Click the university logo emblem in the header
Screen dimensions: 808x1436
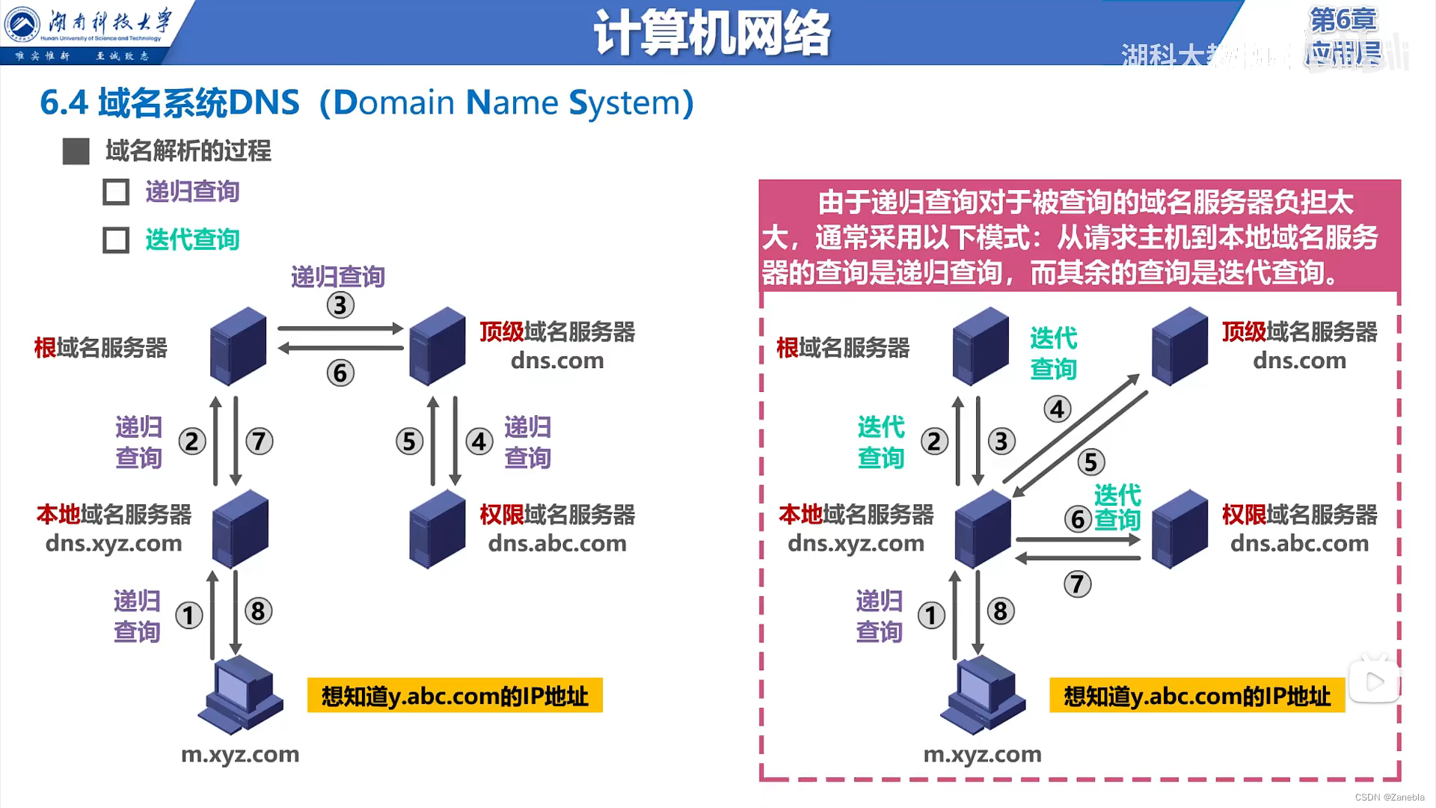tap(22, 24)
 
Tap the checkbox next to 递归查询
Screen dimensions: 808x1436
tap(116, 192)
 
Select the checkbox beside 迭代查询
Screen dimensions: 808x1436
tap(116, 240)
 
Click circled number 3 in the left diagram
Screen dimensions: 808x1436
tap(340, 305)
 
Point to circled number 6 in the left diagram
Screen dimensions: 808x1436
tap(340, 373)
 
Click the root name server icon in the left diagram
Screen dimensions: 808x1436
tap(238, 346)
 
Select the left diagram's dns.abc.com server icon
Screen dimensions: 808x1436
tap(438, 528)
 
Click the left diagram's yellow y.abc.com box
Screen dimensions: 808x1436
tap(455, 696)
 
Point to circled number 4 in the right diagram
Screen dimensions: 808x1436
tap(1057, 409)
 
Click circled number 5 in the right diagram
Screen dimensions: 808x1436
tap(1090, 462)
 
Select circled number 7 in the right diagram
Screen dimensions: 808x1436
tap(1077, 584)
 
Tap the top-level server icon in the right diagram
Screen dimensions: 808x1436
tap(1179, 346)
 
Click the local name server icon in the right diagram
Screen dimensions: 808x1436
tap(982, 528)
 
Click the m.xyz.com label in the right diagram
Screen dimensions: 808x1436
tap(982, 754)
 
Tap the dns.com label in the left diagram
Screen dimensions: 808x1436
tap(557, 361)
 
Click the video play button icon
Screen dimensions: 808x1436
tap(1374, 682)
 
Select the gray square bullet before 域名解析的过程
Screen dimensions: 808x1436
tap(76, 151)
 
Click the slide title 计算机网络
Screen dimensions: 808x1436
tap(711, 33)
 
